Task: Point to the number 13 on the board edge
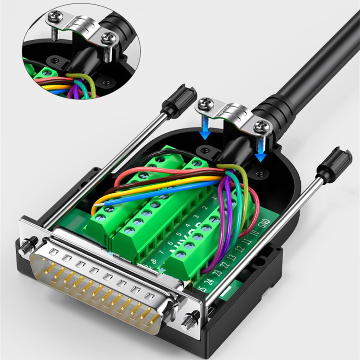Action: (x=231, y=256)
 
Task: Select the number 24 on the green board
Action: (x=210, y=280)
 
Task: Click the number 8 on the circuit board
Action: (x=153, y=261)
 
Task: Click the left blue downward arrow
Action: (x=205, y=127)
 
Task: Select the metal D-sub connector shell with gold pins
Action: (x=101, y=285)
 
